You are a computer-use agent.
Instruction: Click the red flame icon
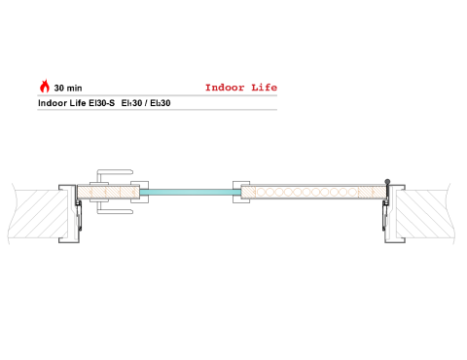tap(45, 87)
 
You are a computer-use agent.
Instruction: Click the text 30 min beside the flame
tap(68, 89)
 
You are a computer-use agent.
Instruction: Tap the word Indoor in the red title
tap(225, 88)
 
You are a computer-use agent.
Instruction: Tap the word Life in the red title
tap(264, 88)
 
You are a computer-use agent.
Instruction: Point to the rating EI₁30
tap(131, 103)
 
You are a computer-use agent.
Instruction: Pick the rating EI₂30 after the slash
tap(161, 103)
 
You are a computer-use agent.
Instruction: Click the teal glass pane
tap(191, 193)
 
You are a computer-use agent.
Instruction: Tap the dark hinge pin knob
tap(387, 182)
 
